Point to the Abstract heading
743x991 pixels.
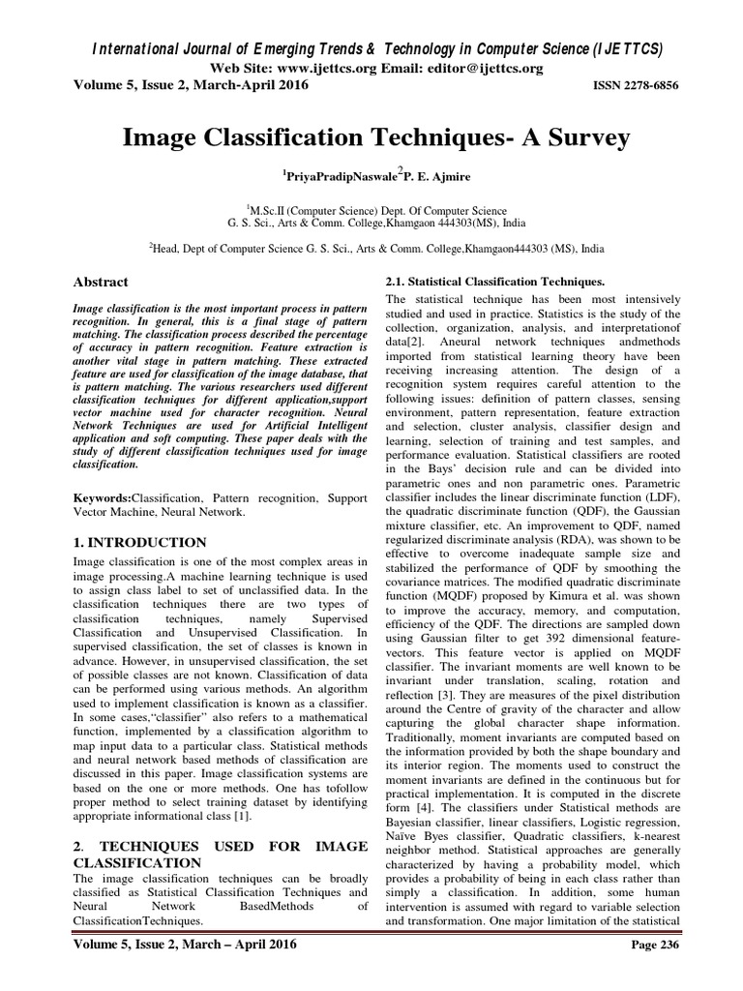point(101,282)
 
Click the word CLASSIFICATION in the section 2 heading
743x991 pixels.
point(137,861)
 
